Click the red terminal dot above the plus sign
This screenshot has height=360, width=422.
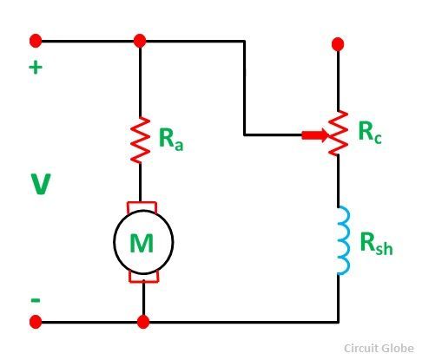pos(36,41)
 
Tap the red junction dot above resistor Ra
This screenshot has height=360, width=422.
pos(140,41)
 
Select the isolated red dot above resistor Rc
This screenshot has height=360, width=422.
pos(338,44)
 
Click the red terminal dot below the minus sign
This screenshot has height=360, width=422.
pos(36,322)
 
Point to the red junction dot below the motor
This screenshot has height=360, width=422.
pos(143,322)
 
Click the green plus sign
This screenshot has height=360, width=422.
pos(36,68)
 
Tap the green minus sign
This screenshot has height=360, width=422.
pos(36,300)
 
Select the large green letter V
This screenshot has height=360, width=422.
pos(41,184)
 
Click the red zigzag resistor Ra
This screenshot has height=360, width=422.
pos(140,140)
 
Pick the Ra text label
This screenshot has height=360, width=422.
pos(171,139)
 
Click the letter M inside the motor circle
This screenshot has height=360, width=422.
pos(142,243)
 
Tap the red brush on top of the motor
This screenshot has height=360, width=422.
pos(142,206)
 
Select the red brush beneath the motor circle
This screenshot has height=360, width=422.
pos(143,277)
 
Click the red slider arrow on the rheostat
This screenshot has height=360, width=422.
pos(315,135)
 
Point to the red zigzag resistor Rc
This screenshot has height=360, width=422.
pos(338,133)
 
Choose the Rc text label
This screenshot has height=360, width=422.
pos(370,132)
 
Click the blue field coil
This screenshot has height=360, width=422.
pos(344,240)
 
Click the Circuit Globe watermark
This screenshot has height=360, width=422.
pos(379,348)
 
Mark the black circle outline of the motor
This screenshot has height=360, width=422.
pos(114,242)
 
